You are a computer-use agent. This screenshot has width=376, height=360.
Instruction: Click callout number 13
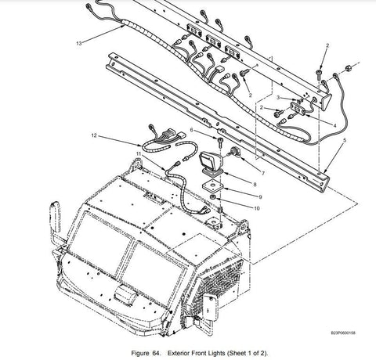[79, 43]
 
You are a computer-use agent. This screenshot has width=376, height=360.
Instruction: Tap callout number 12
[94, 135]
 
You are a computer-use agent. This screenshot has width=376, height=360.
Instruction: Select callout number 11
[138, 153]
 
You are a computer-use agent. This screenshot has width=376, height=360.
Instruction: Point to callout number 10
[257, 208]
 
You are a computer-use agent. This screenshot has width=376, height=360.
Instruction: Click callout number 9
[260, 197]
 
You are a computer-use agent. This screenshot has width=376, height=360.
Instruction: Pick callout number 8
[255, 185]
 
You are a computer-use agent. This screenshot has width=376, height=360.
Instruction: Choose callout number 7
[263, 173]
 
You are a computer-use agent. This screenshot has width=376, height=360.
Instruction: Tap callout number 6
[192, 130]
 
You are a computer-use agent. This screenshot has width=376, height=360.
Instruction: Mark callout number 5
[345, 140]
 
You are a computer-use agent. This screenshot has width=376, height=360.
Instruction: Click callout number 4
[335, 125]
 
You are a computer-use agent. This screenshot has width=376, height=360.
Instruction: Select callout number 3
[278, 97]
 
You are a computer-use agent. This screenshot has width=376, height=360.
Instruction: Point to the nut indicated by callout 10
[213, 196]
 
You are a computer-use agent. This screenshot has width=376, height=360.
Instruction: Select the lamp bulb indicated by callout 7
[235, 152]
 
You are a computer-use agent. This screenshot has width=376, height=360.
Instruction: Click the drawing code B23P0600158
[343, 333]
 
